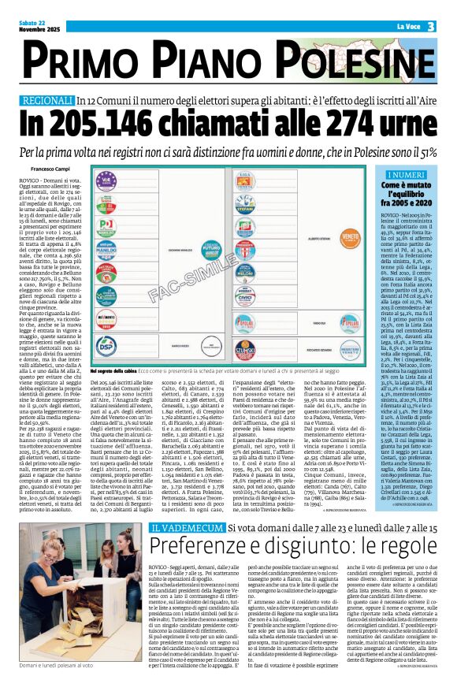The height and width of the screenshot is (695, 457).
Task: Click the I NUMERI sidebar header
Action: click(x=407, y=174)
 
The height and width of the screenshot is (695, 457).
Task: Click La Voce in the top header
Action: click(x=408, y=27)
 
